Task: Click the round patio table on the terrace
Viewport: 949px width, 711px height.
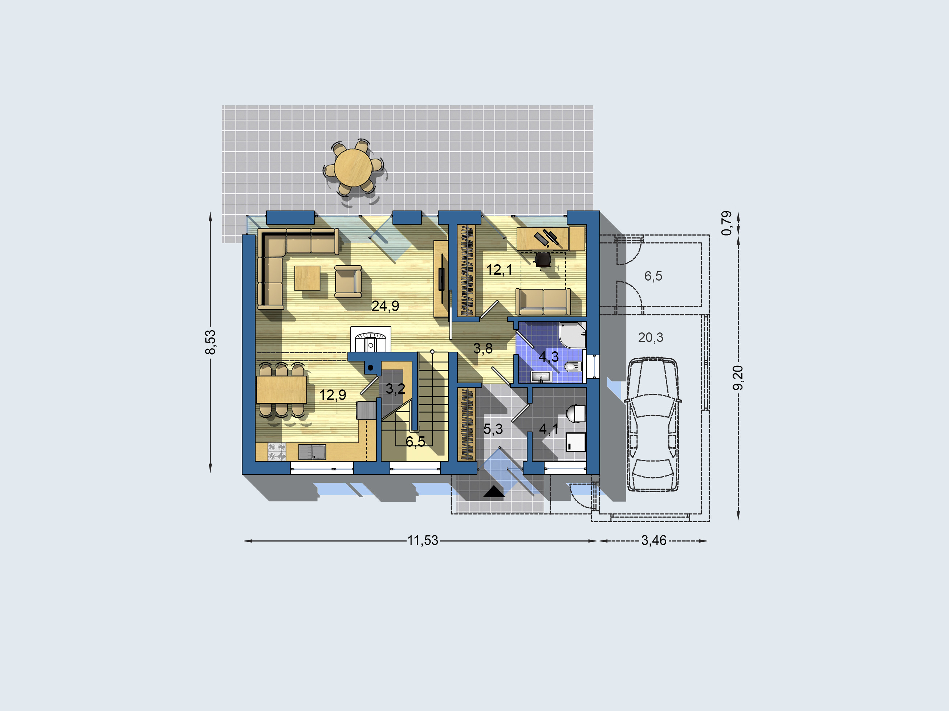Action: [353, 167]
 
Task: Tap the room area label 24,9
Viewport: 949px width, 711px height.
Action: [385, 306]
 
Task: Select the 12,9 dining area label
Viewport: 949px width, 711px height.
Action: [333, 395]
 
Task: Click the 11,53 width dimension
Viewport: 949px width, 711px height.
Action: [423, 540]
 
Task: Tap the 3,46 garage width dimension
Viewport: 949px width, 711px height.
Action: [653, 540]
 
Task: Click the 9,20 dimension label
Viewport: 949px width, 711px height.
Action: [738, 377]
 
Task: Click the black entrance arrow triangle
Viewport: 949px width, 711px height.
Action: [494, 491]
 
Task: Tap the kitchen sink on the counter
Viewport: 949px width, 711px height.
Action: [312, 451]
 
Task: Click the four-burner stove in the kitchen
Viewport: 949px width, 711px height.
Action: [276, 451]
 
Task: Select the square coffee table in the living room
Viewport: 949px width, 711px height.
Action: [307, 278]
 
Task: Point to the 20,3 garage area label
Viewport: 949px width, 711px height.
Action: [651, 338]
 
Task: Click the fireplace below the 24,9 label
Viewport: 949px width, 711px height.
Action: [371, 339]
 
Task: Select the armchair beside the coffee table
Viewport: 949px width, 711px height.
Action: [348, 281]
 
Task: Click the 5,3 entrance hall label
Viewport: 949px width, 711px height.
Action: [493, 429]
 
